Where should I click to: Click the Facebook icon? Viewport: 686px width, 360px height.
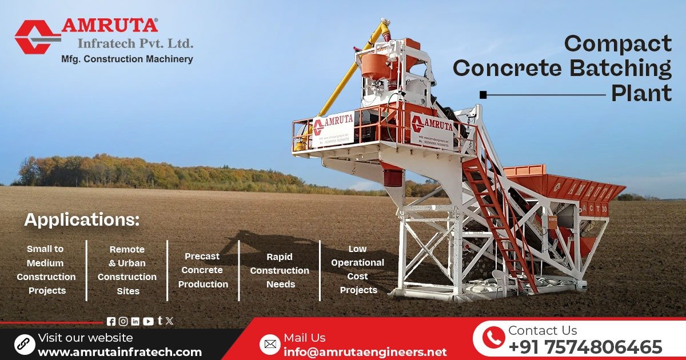tap(111, 322)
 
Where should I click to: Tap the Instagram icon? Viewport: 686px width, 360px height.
tap(123, 322)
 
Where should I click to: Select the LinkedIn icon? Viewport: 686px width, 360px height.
tap(135, 322)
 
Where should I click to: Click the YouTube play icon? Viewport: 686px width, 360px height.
tap(148, 322)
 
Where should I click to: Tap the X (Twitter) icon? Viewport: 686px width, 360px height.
tap(169, 321)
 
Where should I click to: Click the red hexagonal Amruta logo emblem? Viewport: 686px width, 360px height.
tap(35, 37)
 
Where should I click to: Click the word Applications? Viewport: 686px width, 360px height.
tap(82, 220)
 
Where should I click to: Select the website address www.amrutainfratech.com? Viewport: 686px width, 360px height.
tap(119, 352)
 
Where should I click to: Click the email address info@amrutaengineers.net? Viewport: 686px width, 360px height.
tap(365, 352)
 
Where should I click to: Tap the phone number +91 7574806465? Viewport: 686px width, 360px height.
tap(585, 347)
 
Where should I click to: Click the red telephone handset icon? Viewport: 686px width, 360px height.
tap(493, 338)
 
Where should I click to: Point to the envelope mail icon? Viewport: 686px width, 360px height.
tap(270, 344)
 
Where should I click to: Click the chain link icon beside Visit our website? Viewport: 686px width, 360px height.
tap(25, 344)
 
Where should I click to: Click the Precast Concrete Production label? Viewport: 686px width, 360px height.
tap(203, 270)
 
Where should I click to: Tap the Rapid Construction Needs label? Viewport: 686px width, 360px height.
tap(280, 270)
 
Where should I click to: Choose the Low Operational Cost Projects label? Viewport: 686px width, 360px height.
tap(358, 270)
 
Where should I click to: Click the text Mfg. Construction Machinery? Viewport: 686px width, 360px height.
tap(127, 59)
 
